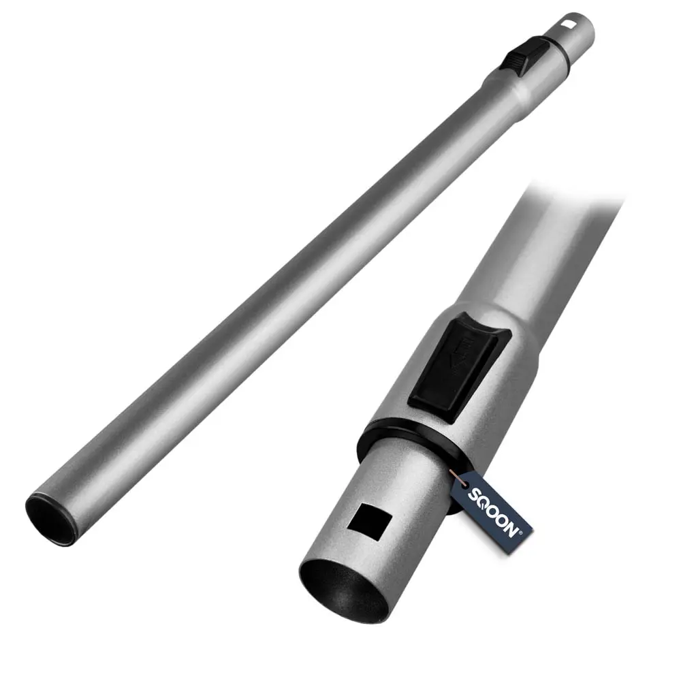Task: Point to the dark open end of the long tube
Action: (x=51, y=519)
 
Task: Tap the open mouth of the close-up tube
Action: (x=344, y=589)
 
